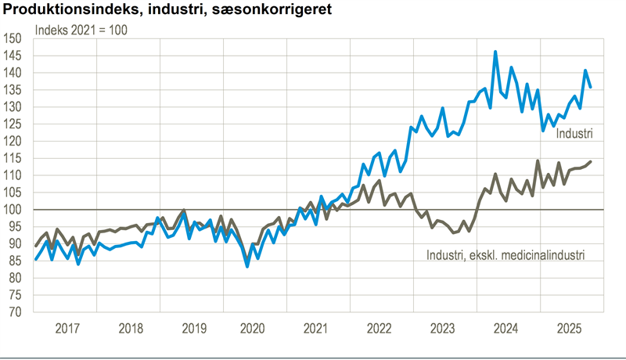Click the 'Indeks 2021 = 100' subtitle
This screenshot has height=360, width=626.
[81, 31]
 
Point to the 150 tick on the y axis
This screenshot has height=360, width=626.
[13, 38]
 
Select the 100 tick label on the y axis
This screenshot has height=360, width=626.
[13, 210]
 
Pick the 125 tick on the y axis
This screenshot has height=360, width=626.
[13, 124]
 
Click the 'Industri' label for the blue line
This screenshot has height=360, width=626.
[574, 134]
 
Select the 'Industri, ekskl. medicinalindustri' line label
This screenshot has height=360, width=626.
[505, 254]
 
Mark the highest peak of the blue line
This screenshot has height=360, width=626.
[495, 52]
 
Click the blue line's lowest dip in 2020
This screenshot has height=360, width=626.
[247, 266]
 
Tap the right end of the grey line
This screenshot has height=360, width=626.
[590, 161]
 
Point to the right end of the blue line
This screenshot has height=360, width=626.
[590, 88]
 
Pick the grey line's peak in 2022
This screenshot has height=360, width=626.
[380, 181]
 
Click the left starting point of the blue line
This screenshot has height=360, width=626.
[36, 259]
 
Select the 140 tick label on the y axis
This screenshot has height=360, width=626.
[13, 73]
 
